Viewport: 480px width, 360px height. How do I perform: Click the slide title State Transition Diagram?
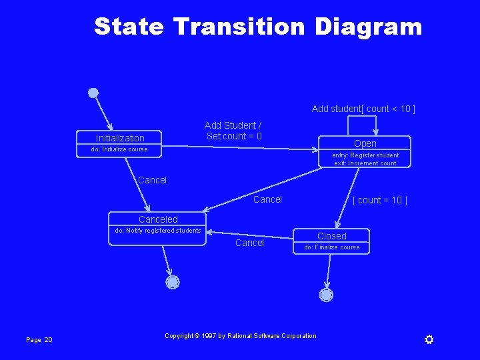pos(258,27)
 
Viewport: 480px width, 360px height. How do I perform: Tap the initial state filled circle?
pos(93,93)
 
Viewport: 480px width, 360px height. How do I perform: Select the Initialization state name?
pos(120,138)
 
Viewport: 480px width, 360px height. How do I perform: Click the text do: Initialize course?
pos(119,149)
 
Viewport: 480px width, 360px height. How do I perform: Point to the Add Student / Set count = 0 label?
pos(233,131)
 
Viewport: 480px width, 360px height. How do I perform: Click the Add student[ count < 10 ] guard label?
pos(363,109)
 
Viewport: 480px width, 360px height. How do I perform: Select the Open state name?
pos(365,143)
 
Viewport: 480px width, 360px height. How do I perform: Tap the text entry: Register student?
pos(366,155)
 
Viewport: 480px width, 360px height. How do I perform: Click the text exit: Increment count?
pos(365,163)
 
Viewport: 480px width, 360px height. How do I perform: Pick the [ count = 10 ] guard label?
pos(379,200)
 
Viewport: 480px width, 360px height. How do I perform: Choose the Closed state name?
pos(332,236)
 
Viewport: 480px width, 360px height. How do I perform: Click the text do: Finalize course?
pos(332,247)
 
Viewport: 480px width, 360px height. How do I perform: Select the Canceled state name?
pos(158,219)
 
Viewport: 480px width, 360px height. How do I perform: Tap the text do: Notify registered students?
pos(158,231)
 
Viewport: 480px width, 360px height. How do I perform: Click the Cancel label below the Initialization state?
pos(152,180)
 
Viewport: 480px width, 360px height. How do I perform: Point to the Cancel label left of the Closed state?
pos(249,243)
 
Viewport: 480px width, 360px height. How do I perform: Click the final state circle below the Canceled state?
pos(173,282)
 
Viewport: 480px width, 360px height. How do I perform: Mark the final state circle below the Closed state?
pos(326,295)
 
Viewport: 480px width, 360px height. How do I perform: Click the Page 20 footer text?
pos(39,340)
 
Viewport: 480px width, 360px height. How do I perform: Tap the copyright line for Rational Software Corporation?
pos(241,336)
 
